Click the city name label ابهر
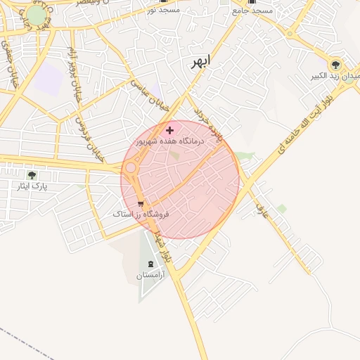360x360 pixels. tap(200, 62)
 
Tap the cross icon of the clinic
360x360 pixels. tap(169, 130)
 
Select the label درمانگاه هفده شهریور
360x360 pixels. tap(170, 141)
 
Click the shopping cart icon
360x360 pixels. tap(141, 204)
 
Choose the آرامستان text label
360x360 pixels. tap(149, 276)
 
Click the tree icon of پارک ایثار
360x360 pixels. tap(31, 175)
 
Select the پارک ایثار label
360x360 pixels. tap(31, 187)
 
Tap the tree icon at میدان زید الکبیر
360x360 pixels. tap(335, 63)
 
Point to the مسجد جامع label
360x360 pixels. tap(252, 11)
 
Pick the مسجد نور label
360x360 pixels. tap(164, 11)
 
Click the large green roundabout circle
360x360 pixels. tap(37, 15)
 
